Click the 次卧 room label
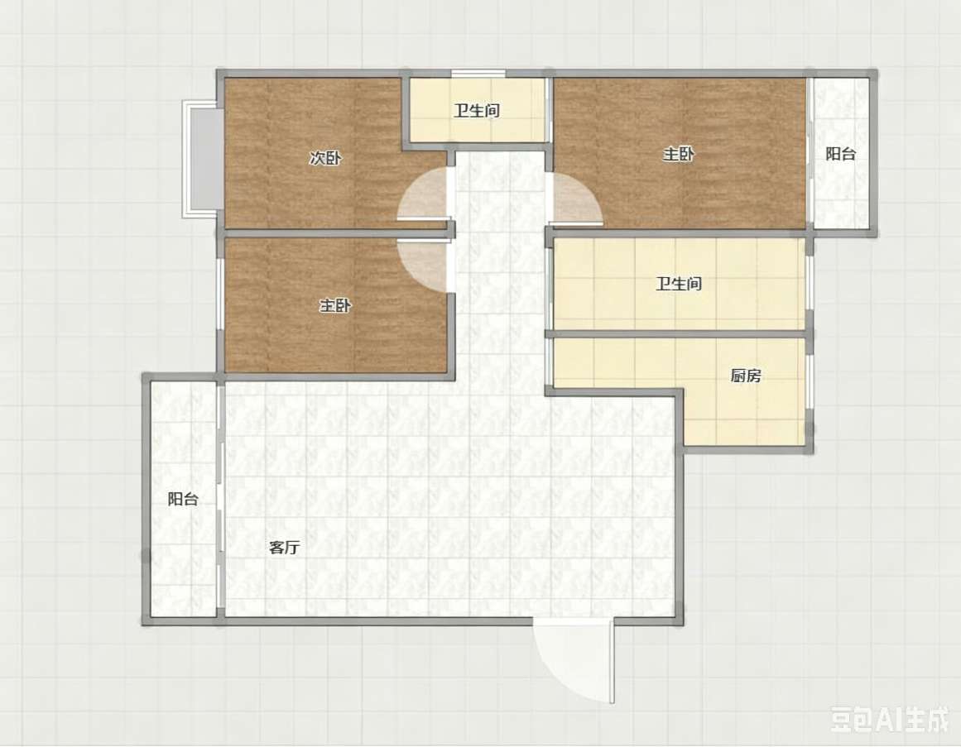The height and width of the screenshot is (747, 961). pyautogui.click(x=324, y=159)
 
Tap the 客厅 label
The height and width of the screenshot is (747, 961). pyautogui.click(x=285, y=548)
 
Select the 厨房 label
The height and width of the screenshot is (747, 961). pyautogui.click(x=746, y=376)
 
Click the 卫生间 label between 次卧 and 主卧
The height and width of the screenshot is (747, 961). pyautogui.click(x=477, y=111)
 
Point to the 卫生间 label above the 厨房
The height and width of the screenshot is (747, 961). pyautogui.click(x=679, y=284)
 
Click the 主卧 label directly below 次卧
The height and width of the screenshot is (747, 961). pyautogui.click(x=335, y=305)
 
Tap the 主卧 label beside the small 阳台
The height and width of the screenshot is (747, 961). pyautogui.click(x=679, y=154)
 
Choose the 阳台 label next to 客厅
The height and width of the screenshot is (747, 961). pyautogui.click(x=183, y=499)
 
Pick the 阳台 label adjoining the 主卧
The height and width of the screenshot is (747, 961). pyautogui.click(x=840, y=154)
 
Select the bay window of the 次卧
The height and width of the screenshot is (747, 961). pyautogui.click(x=199, y=159)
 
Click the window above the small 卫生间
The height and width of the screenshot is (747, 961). pyautogui.click(x=478, y=74)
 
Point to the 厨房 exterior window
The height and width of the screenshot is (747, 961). pyautogui.click(x=810, y=381)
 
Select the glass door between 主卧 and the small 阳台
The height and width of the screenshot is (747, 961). pyautogui.click(x=810, y=153)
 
